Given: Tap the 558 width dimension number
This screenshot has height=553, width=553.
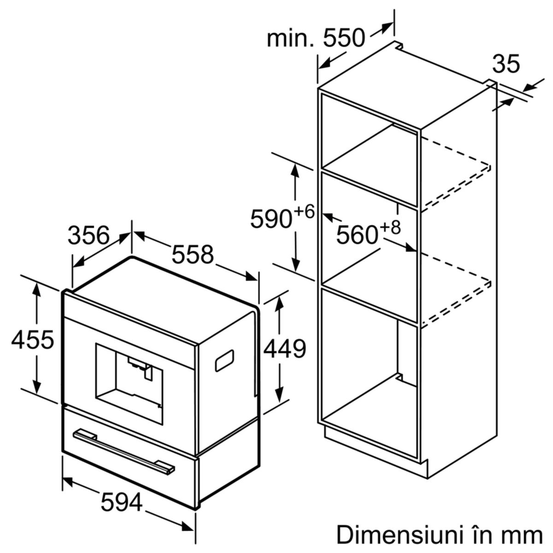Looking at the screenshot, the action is click(193, 254).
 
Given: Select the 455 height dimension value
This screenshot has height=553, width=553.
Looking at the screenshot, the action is click(33, 340).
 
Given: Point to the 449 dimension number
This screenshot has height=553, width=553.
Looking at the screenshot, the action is click(285, 348).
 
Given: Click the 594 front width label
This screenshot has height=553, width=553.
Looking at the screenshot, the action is click(122, 478).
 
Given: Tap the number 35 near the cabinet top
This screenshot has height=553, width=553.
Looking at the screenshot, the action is click(506, 64).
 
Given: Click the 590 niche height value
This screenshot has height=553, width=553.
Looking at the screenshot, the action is click(271, 219).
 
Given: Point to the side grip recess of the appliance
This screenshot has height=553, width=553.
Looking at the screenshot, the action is click(224, 360).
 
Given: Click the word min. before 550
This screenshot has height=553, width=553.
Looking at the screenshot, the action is click(291, 38).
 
